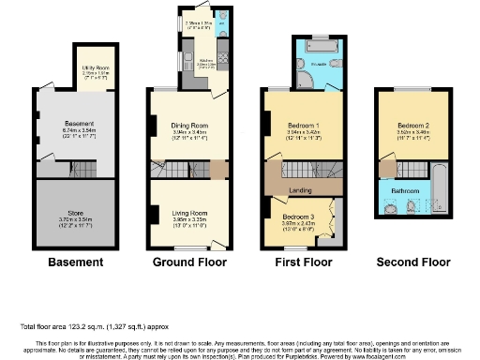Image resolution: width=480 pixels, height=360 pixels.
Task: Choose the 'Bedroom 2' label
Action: point(412,125)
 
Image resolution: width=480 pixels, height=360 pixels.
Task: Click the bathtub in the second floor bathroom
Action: point(438,192)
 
